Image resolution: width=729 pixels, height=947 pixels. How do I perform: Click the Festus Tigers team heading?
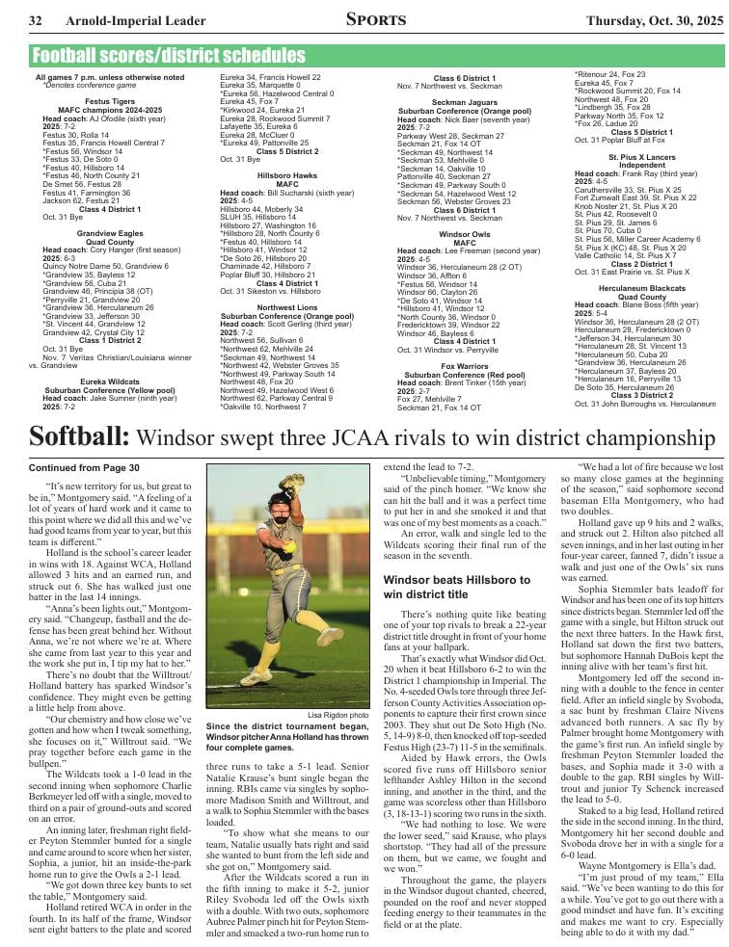[109, 100]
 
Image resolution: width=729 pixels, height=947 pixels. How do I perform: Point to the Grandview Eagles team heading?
[109, 233]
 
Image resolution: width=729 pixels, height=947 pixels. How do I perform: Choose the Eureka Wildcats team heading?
[109, 380]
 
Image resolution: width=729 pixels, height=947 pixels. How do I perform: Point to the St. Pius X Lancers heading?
[642, 156]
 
